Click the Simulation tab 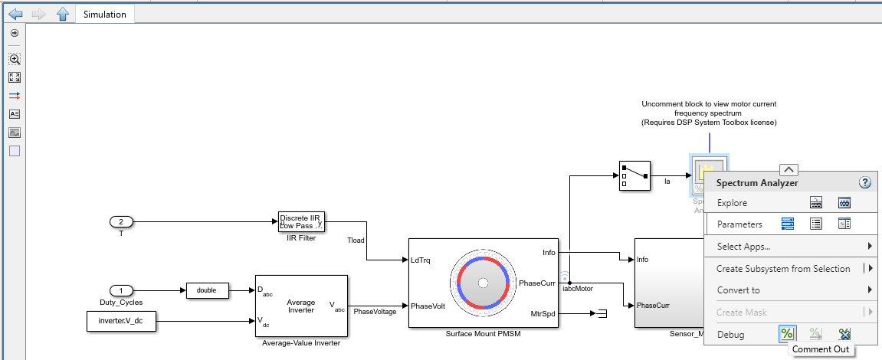tap(104, 15)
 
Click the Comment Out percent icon tap(787, 334)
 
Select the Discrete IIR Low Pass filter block tap(301, 221)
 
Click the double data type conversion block tap(208, 290)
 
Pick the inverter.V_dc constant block tap(121, 321)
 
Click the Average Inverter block tap(301, 306)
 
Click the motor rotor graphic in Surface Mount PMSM tap(483, 283)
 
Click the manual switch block tap(634, 175)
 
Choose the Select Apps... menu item tap(743, 247)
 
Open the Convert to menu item tap(738, 290)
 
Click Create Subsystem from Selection tap(782, 269)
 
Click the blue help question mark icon tap(865, 182)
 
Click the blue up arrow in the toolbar tap(63, 15)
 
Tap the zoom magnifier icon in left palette tap(15, 59)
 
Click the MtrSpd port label tap(543, 313)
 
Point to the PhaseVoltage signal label tap(375, 312)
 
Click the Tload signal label tap(356, 240)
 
